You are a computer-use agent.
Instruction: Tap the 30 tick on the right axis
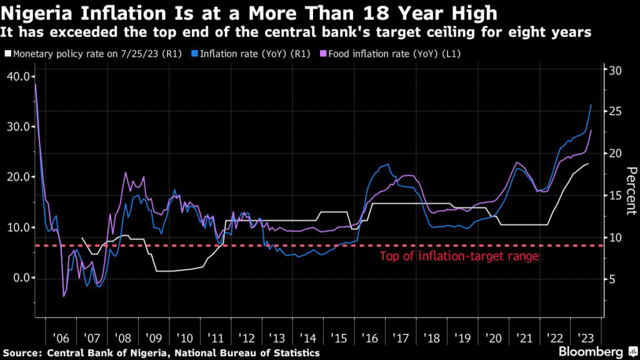pyautogui.click(x=616, y=70)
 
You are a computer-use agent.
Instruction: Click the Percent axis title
pyautogui.click(x=631, y=191)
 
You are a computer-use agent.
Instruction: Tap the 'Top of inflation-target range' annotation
pyautogui.click(x=459, y=256)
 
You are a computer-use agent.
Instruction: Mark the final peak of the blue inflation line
pyautogui.click(x=592, y=104)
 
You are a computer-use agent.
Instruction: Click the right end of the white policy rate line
pyautogui.click(x=588, y=164)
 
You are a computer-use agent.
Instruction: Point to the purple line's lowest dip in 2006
pyautogui.click(x=63, y=296)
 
